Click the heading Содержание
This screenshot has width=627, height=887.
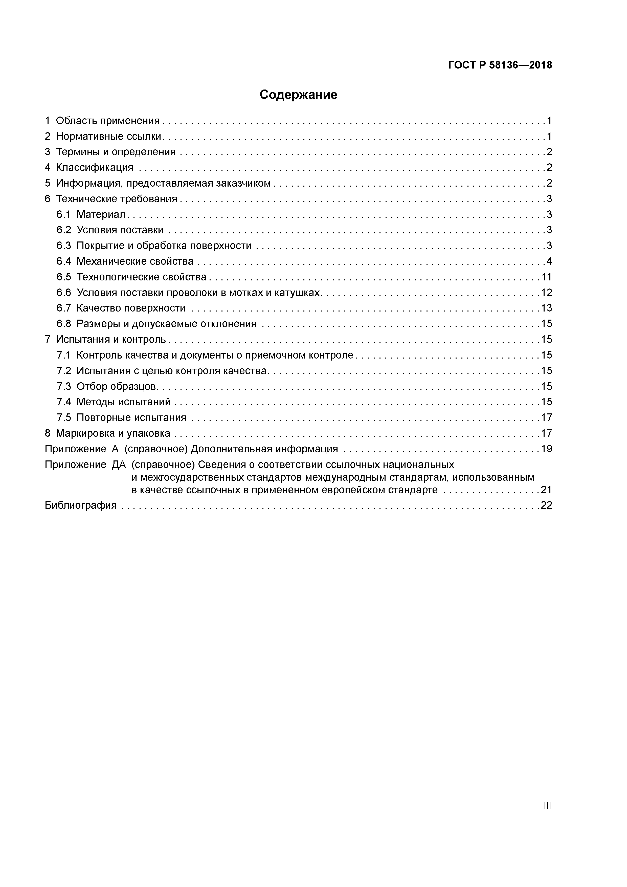(x=298, y=95)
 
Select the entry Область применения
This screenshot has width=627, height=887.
(x=107, y=121)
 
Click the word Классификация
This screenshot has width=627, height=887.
(x=94, y=168)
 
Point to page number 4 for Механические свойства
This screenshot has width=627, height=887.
(x=549, y=261)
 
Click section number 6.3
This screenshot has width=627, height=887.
(x=64, y=246)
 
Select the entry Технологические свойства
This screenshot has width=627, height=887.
(x=141, y=277)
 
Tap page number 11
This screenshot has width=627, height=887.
(x=546, y=277)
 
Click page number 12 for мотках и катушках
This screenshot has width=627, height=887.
(x=546, y=293)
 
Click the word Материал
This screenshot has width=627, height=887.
(x=101, y=214)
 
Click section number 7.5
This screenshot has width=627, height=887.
(x=64, y=418)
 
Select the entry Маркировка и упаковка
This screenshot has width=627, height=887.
(x=113, y=433)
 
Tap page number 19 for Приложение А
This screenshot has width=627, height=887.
(x=546, y=449)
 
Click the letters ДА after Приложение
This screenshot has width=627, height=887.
(x=119, y=465)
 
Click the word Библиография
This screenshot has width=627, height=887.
(x=80, y=505)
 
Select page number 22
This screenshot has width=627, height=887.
(x=546, y=505)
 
